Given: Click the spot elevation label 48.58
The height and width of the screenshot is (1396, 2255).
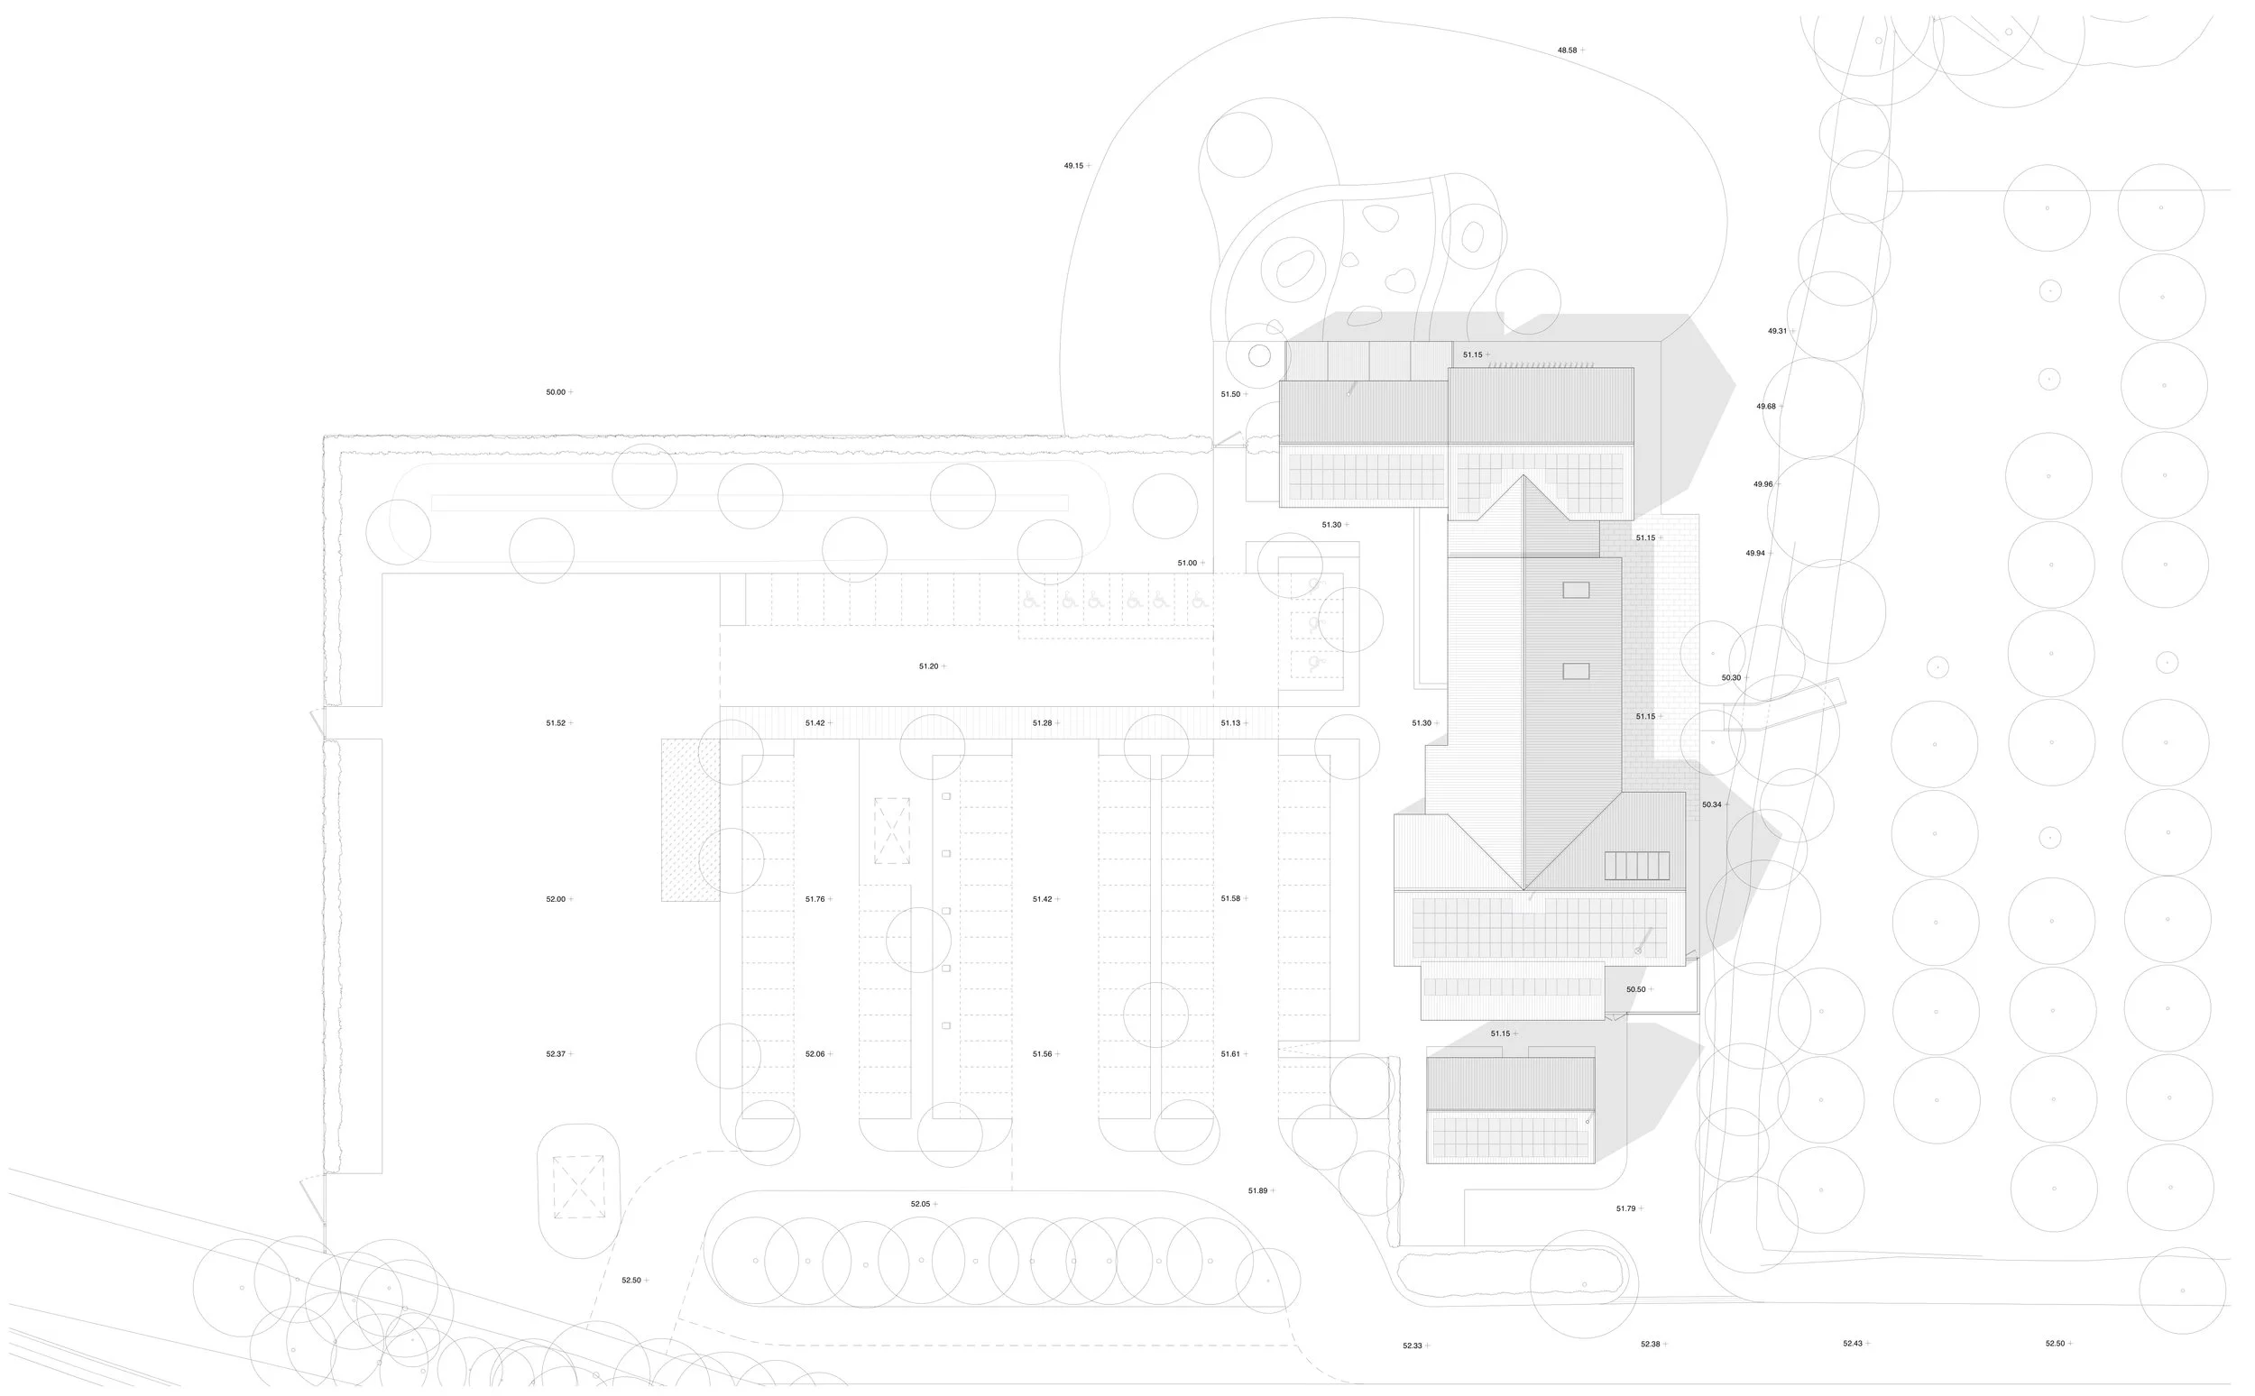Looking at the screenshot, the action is (x=1567, y=51).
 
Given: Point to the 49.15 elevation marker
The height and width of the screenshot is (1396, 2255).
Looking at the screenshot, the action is (x=1073, y=166).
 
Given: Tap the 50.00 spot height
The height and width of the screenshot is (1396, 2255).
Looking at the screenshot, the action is (x=555, y=392).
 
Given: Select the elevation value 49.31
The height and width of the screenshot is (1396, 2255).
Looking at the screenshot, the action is (x=1777, y=331).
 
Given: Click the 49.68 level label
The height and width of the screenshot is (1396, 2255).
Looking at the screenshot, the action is (x=1765, y=406).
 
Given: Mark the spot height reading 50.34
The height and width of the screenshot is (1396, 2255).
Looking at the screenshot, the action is (x=1711, y=805).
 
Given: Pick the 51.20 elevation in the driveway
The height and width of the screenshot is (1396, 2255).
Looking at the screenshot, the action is (x=928, y=666).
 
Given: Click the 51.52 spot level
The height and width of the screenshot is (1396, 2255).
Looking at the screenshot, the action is (x=555, y=724).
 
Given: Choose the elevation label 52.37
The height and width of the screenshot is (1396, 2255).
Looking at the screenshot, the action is (x=555, y=1054).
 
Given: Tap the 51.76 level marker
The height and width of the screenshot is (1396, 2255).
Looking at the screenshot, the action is (x=815, y=899).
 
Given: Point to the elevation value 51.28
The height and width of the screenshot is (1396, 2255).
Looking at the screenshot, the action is (x=1042, y=724).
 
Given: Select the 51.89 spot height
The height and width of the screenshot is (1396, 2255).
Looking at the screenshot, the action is (x=1257, y=1191).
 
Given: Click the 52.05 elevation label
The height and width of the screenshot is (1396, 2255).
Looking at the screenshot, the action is (x=920, y=1204).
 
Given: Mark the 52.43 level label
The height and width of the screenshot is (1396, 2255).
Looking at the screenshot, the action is (x=1853, y=1344).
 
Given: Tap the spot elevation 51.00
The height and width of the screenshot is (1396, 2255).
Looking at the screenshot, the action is (x=1187, y=564).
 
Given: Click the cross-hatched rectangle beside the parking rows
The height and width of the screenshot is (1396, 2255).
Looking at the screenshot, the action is (x=690, y=819).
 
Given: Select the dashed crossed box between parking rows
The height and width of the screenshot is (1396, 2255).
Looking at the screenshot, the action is (x=891, y=831).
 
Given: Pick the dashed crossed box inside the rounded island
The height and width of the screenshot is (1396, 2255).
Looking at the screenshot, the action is (x=579, y=1187).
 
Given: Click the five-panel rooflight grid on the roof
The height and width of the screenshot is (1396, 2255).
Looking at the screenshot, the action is (x=1636, y=865).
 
